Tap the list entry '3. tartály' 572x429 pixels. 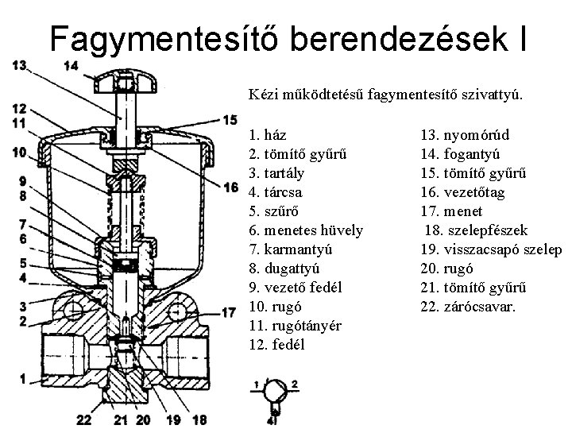coord(276,173)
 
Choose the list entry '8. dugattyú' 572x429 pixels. coord(284,269)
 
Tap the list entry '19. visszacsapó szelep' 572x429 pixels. coord(491,249)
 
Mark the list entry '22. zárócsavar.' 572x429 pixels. coord(468,307)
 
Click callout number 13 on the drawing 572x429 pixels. coord(21,65)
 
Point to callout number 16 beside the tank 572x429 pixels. coord(231,187)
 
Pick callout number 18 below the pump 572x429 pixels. coord(199,419)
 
